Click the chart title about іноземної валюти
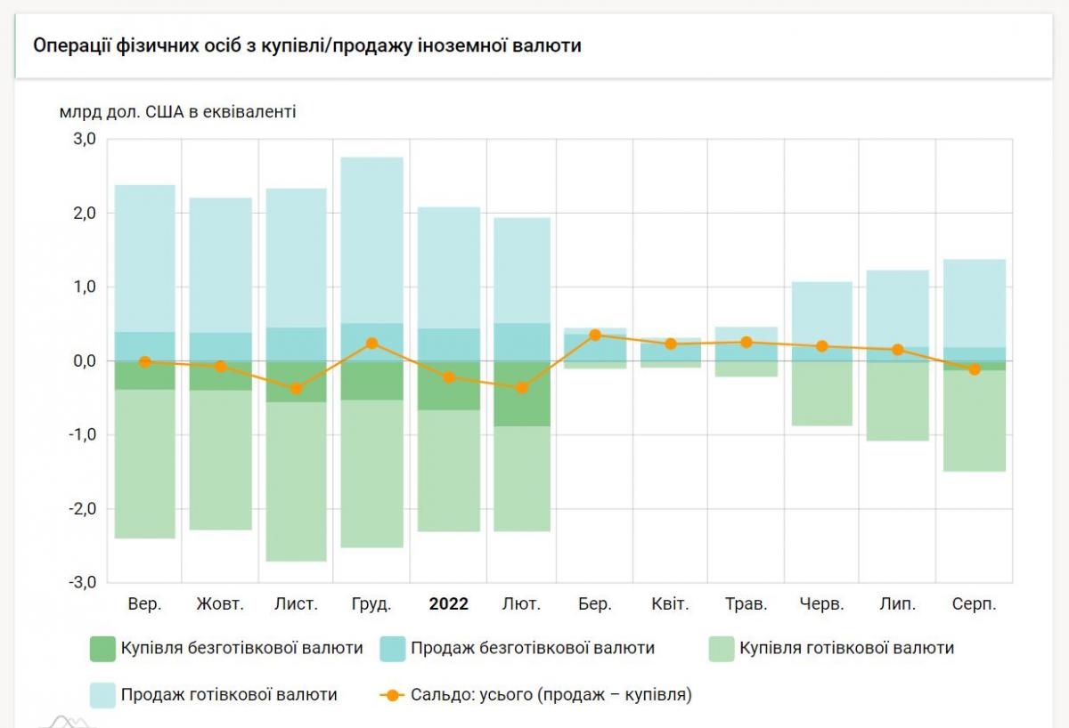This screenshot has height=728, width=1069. pyautogui.click(x=306, y=45)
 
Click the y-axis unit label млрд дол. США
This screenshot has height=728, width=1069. pyautogui.click(x=178, y=112)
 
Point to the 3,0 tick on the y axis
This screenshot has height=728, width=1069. pyautogui.click(x=84, y=140)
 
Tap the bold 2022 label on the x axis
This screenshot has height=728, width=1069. pyautogui.click(x=448, y=604)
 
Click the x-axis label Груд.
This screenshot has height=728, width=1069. pyautogui.click(x=371, y=604)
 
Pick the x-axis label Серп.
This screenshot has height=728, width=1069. pyautogui.click(x=974, y=604)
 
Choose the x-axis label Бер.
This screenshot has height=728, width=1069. pyautogui.click(x=594, y=604)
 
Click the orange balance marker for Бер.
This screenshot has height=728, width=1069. pyautogui.click(x=595, y=335)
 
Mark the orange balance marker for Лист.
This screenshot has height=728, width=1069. pyautogui.click(x=296, y=389)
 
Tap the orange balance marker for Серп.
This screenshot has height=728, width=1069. pyautogui.click(x=974, y=369)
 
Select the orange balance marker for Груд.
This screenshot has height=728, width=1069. pyautogui.click(x=372, y=344)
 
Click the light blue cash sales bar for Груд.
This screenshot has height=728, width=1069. pyautogui.click(x=372, y=240)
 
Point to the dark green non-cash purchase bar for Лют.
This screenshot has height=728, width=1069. pyautogui.click(x=522, y=393)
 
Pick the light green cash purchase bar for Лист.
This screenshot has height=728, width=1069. pyautogui.click(x=296, y=481)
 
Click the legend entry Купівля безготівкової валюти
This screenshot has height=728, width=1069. pyautogui.click(x=226, y=648)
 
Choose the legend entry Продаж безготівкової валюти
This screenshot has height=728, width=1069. pyautogui.click(x=517, y=648)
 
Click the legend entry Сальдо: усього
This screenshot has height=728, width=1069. pyautogui.click(x=534, y=694)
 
